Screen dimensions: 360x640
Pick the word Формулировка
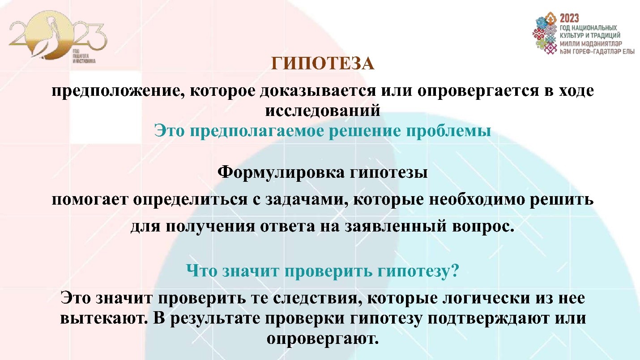pyautogui.click(x=279, y=172)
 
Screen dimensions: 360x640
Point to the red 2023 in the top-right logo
pyautogui.click(x=569, y=18)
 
